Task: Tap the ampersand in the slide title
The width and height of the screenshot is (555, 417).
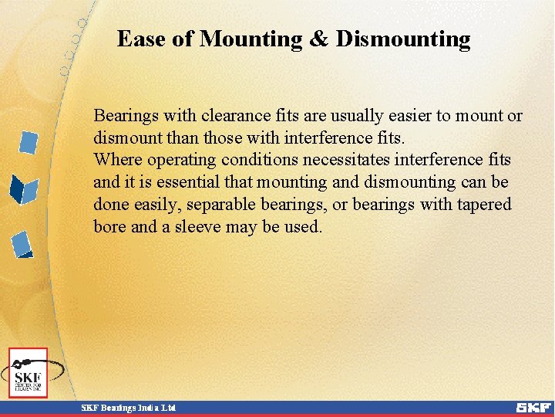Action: point(318,39)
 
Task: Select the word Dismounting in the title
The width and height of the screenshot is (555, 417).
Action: point(403,39)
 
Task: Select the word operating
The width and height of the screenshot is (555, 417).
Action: point(181,160)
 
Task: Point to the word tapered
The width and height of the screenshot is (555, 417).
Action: point(483,205)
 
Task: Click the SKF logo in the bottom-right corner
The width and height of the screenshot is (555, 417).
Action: point(533,407)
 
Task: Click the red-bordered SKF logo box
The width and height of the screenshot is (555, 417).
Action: point(29,372)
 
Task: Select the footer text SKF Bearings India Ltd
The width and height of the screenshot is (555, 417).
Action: point(129,407)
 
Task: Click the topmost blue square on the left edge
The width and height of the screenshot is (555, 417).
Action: point(29,142)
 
